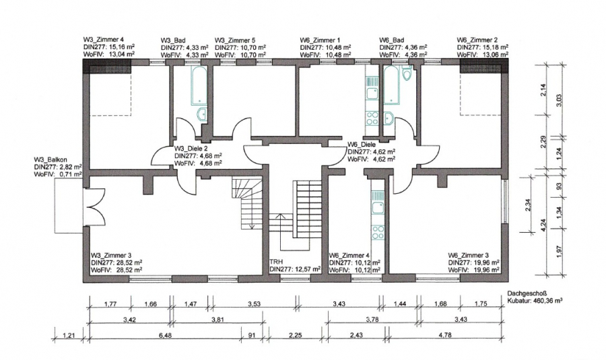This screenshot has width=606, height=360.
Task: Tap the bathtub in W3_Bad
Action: (199, 85)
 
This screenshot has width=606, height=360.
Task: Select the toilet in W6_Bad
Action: (407, 73)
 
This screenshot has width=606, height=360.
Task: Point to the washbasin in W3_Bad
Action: (202, 114)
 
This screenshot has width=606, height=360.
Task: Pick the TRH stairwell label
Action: (276, 262)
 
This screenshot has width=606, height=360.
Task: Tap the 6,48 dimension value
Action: (165, 335)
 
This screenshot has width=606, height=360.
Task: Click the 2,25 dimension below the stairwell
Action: (296, 335)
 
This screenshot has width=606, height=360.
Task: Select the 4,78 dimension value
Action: (445, 335)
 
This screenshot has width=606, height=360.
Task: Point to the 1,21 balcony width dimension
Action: (69, 335)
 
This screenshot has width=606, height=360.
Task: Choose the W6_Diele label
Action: (362, 145)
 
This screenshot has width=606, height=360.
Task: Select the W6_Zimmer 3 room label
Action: (468, 255)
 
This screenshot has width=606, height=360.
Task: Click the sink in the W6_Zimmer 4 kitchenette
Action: (378, 207)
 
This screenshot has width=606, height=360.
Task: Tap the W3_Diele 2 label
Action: (191, 148)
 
